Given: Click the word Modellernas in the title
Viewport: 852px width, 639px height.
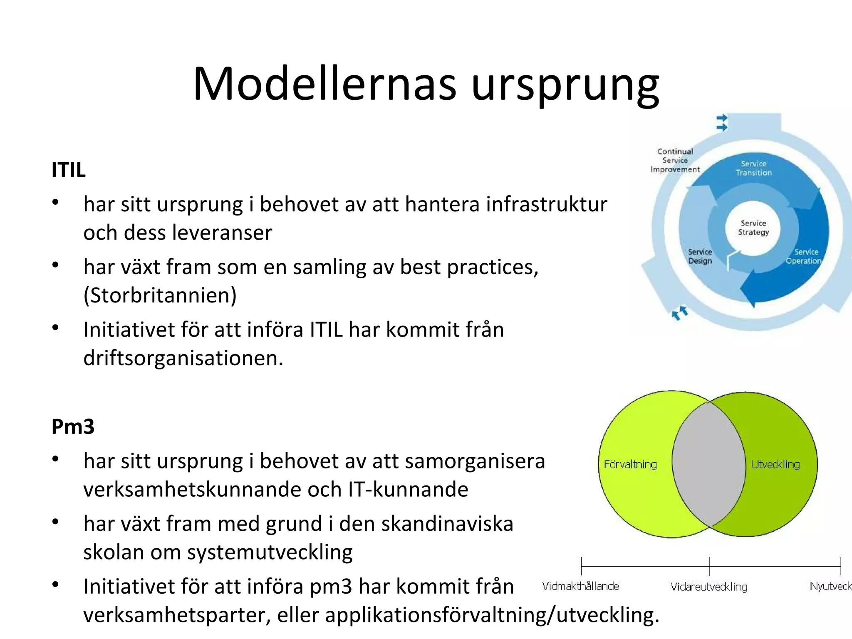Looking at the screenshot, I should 324,84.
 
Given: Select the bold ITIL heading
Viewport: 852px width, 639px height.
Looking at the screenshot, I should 68,170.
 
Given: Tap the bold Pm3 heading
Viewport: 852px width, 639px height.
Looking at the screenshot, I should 73,427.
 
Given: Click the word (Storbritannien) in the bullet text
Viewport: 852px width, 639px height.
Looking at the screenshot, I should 160,296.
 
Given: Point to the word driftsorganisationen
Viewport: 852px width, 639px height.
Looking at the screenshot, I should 183,358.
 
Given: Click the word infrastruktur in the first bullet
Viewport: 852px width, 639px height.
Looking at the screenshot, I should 547,205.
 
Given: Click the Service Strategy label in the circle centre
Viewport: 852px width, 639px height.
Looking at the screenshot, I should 753,228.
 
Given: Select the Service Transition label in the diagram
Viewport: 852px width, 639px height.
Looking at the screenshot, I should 753,168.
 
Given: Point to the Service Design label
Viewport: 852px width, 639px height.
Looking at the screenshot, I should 700,257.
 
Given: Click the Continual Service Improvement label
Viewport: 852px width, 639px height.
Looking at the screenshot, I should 675,161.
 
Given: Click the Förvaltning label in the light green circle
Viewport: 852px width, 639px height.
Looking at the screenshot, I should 630,464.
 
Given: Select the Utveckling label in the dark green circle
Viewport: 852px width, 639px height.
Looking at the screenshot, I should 775,464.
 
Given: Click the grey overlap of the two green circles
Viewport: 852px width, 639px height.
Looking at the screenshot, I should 709,464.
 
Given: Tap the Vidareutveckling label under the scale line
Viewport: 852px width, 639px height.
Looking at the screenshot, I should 709,587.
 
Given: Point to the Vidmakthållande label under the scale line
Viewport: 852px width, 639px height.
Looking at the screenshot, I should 580,587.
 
